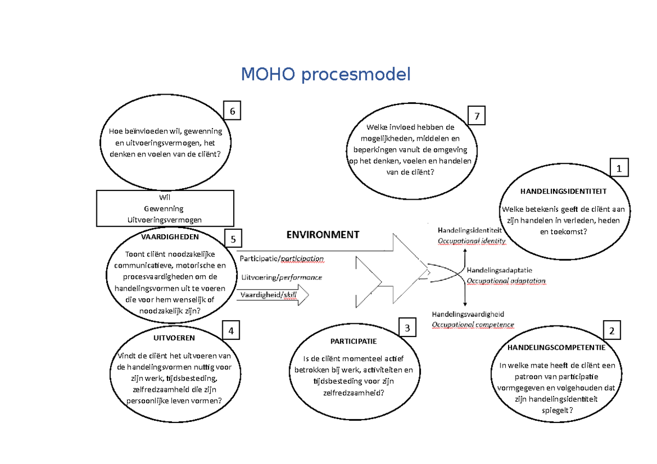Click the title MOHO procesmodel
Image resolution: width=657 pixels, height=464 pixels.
coord(326,74)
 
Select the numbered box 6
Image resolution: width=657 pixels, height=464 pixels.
coord(232,111)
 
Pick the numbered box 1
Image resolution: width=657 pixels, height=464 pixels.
coord(619,169)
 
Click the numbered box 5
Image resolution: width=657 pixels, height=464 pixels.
coord(233,239)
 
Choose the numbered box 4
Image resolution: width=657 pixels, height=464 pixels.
coord(232,330)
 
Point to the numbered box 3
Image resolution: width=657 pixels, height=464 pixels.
coord(407,328)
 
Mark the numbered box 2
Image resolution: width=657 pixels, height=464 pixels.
coord(612,330)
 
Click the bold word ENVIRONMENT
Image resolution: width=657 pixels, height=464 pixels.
coord(322,235)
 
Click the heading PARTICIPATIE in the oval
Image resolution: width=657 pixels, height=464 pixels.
coord(353,341)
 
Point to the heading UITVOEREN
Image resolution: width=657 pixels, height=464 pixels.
coord(170,338)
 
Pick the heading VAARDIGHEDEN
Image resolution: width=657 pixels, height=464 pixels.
coord(170,237)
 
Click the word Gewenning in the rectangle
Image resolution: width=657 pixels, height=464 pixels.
coord(164,208)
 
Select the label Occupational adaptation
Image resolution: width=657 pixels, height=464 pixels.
coord(505,281)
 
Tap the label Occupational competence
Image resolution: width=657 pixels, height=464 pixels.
coord(473,324)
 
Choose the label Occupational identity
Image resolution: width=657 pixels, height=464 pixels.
coord(471,241)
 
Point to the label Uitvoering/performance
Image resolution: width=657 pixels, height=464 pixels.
coord(281,277)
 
